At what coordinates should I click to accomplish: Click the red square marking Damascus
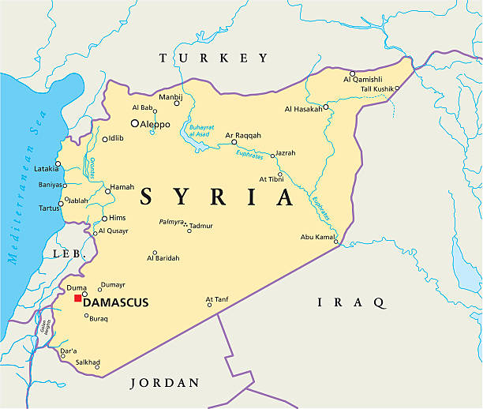pyautogui.click(x=77, y=298)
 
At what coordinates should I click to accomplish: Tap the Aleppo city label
pyautogui.click(x=155, y=124)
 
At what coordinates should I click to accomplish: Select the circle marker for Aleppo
pyautogui.click(x=135, y=123)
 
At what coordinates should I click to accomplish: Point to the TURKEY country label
pyautogui.click(x=214, y=58)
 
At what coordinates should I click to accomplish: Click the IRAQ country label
pyautogui.click(x=351, y=302)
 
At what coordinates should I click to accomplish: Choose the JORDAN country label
pyautogui.click(x=165, y=383)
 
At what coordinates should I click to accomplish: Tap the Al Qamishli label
pyautogui.click(x=363, y=79)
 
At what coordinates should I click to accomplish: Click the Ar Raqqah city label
pyautogui.click(x=243, y=135)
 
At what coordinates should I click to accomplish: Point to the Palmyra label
pyautogui.click(x=171, y=223)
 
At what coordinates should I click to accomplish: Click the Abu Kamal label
pyautogui.click(x=318, y=237)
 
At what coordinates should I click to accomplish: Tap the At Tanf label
pyautogui.click(x=217, y=299)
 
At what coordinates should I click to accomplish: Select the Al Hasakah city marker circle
pyautogui.click(x=325, y=107)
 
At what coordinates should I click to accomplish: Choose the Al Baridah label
pyautogui.click(x=163, y=258)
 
